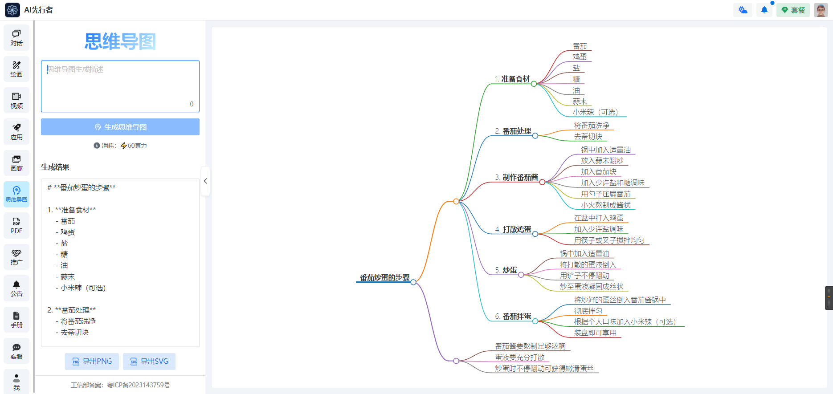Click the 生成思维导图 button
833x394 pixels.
[120, 127]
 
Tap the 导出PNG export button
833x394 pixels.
[92, 362]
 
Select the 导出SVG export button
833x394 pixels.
[149, 362]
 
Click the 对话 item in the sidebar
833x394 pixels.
[16, 38]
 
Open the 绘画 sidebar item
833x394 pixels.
[16, 69]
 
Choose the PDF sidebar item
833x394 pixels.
[16, 226]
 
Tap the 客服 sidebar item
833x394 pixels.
[16, 351]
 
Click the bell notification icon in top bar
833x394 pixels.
[764, 10]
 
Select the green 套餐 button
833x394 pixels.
[793, 10]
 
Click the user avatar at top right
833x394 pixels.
[821, 10]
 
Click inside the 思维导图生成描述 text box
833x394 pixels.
[120, 86]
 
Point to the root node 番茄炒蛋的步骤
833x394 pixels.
[384, 278]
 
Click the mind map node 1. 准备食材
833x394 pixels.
[512, 79]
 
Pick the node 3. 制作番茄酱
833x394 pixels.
[517, 178]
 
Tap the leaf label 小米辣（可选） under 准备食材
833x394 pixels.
[595, 112]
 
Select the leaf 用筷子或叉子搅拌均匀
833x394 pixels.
[609, 240]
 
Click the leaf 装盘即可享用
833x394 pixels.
[595, 333]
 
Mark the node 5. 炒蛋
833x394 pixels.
[506, 270]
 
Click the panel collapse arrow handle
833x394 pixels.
[205, 181]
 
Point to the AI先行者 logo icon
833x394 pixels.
[12, 10]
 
